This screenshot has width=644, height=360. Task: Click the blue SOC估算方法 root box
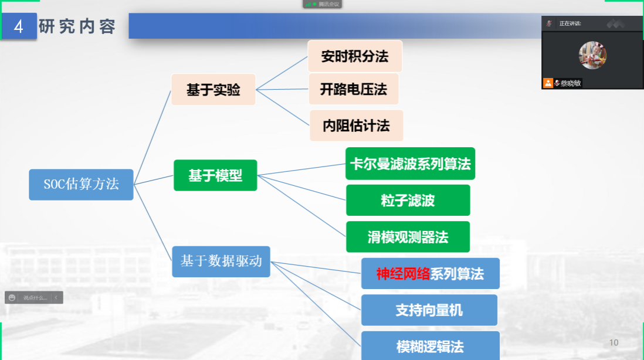pyautogui.click(x=82, y=184)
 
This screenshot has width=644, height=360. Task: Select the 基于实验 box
pyautogui.click(x=213, y=90)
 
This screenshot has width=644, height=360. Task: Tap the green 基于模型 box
pyautogui.click(x=215, y=175)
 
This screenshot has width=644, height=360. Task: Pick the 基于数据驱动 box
pyautogui.click(x=221, y=261)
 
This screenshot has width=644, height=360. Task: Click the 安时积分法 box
pyautogui.click(x=355, y=56)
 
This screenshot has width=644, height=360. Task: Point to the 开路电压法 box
pyautogui.click(x=354, y=89)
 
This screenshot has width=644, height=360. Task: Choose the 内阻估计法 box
pyautogui.click(x=356, y=125)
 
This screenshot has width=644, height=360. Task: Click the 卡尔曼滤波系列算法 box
pyautogui.click(x=411, y=164)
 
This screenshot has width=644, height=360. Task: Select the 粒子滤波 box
pyautogui.click(x=408, y=201)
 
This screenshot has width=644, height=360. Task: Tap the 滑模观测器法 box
pyautogui.click(x=408, y=237)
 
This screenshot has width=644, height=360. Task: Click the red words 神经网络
pyautogui.click(x=403, y=274)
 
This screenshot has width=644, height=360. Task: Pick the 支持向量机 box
pyautogui.click(x=429, y=310)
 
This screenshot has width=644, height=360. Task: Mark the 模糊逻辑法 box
pyautogui.click(x=431, y=346)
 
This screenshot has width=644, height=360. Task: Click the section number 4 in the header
pyautogui.click(x=19, y=27)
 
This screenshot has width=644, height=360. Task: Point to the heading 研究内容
pyautogui.click(x=77, y=27)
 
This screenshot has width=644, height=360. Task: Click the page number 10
pyautogui.click(x=614, y=343)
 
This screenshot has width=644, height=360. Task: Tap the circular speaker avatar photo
pyautogui.click(x=592, y=55)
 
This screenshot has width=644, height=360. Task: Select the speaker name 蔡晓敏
pyautogui.click(x=571, y=83)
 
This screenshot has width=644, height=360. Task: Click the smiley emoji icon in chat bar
pyautogui.click(x=12, y=298)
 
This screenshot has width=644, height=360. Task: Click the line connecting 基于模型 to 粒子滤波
pyautogui.click(x=301, y=188)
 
